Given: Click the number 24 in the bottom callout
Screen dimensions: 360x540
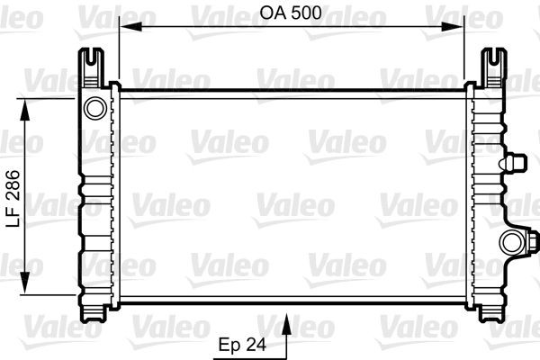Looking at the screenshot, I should [256, 344].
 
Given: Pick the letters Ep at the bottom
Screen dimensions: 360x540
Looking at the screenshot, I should [231, 344].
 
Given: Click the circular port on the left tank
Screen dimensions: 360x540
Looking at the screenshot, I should [94, 109].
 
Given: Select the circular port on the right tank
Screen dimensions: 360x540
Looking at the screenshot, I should [511, 241].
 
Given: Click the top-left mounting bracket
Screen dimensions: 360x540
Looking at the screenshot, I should [94, 65].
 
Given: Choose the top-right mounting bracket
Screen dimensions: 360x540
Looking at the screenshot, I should [491, 65].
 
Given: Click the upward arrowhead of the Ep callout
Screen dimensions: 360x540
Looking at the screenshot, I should [287, 319].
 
